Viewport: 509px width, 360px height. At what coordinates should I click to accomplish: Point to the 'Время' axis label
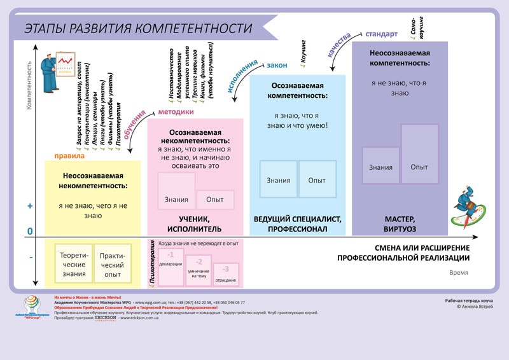tap(458, 273)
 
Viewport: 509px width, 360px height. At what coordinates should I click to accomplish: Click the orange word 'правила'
tap(69, 155)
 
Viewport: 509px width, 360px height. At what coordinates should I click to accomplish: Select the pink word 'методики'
tap(176, 112)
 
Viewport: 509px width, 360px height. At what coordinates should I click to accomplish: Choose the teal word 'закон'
tap(276, 66)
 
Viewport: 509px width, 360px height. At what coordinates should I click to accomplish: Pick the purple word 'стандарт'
tap(382, 34)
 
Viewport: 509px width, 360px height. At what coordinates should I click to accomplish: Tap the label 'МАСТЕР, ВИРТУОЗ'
tap(400, 223)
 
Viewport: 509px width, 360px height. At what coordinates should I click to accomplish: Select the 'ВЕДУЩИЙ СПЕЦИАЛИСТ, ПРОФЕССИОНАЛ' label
tap(298, 223)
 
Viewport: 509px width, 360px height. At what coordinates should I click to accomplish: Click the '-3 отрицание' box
tap(226, 274)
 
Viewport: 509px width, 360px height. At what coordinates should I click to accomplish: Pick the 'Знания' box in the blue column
tap(278, 179)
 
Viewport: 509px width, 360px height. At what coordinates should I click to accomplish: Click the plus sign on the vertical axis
tap(30, 206)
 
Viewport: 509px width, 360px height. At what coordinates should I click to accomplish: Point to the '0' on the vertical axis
tap(30, 232)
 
